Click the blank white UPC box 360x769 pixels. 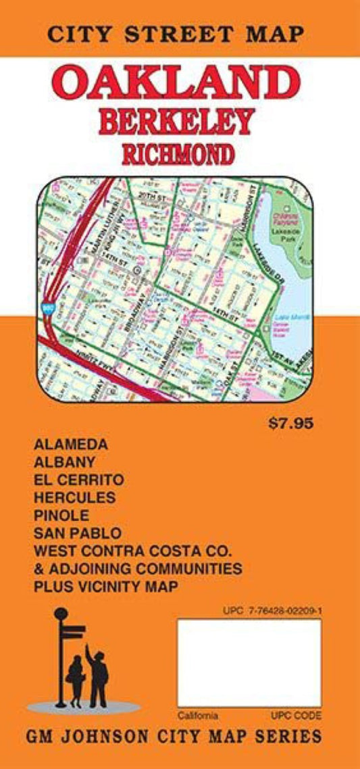(x=249, y=663)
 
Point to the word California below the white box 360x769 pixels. (x=198, y=715)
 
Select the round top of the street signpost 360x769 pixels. (x=61, y=614)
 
